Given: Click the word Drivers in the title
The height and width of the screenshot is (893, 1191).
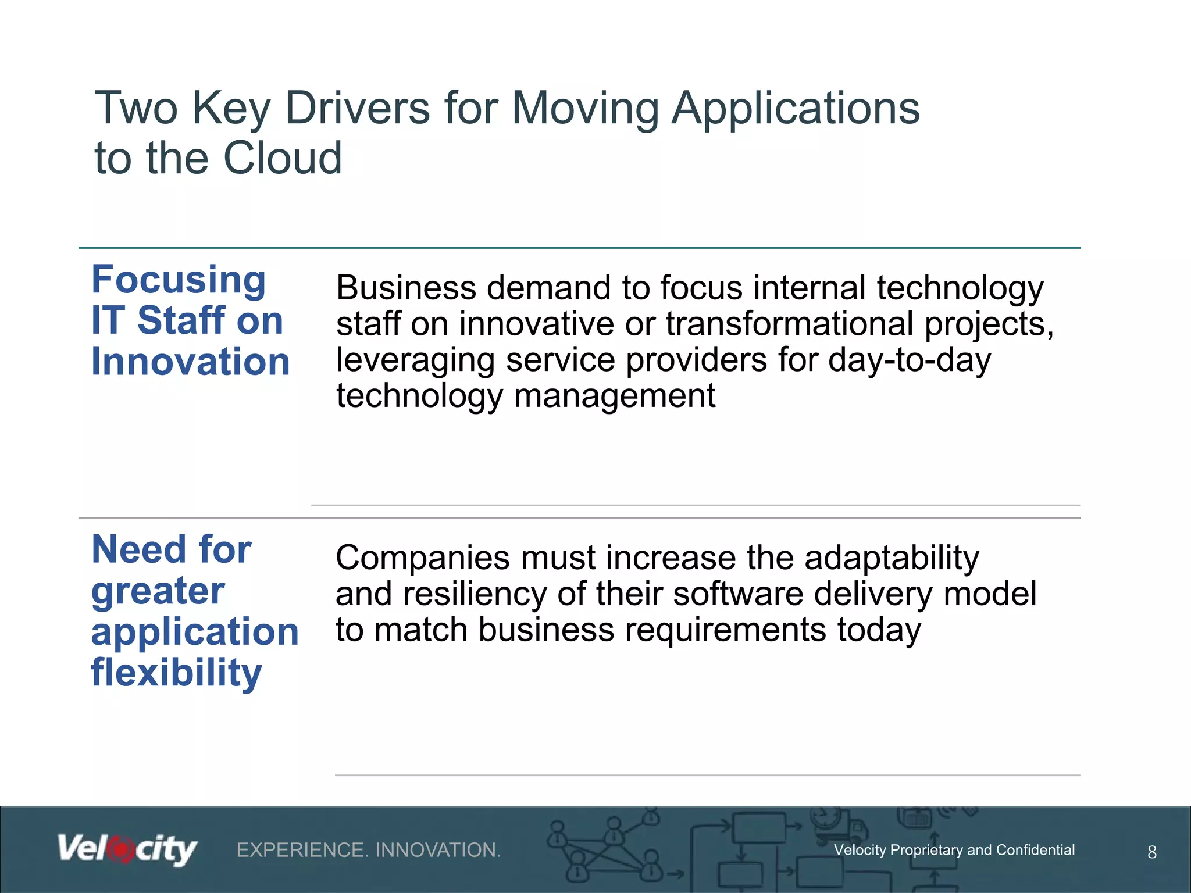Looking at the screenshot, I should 357,108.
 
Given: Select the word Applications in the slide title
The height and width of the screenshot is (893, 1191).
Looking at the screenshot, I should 796,109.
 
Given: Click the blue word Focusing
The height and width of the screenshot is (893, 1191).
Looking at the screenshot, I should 179,280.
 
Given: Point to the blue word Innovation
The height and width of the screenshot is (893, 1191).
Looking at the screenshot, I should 190,362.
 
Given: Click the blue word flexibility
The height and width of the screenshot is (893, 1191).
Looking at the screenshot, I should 176,673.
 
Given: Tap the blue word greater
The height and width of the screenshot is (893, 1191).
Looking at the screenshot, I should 158,591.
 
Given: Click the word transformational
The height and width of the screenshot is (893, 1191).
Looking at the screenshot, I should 789,324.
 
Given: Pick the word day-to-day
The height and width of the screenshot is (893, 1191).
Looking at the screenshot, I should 910,360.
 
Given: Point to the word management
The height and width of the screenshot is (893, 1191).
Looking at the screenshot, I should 614,396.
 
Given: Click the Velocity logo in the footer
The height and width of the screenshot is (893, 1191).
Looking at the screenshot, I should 127,850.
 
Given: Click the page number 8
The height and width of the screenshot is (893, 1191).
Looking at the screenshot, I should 1151,852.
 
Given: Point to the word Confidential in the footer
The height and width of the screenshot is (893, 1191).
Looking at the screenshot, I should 1035,850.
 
